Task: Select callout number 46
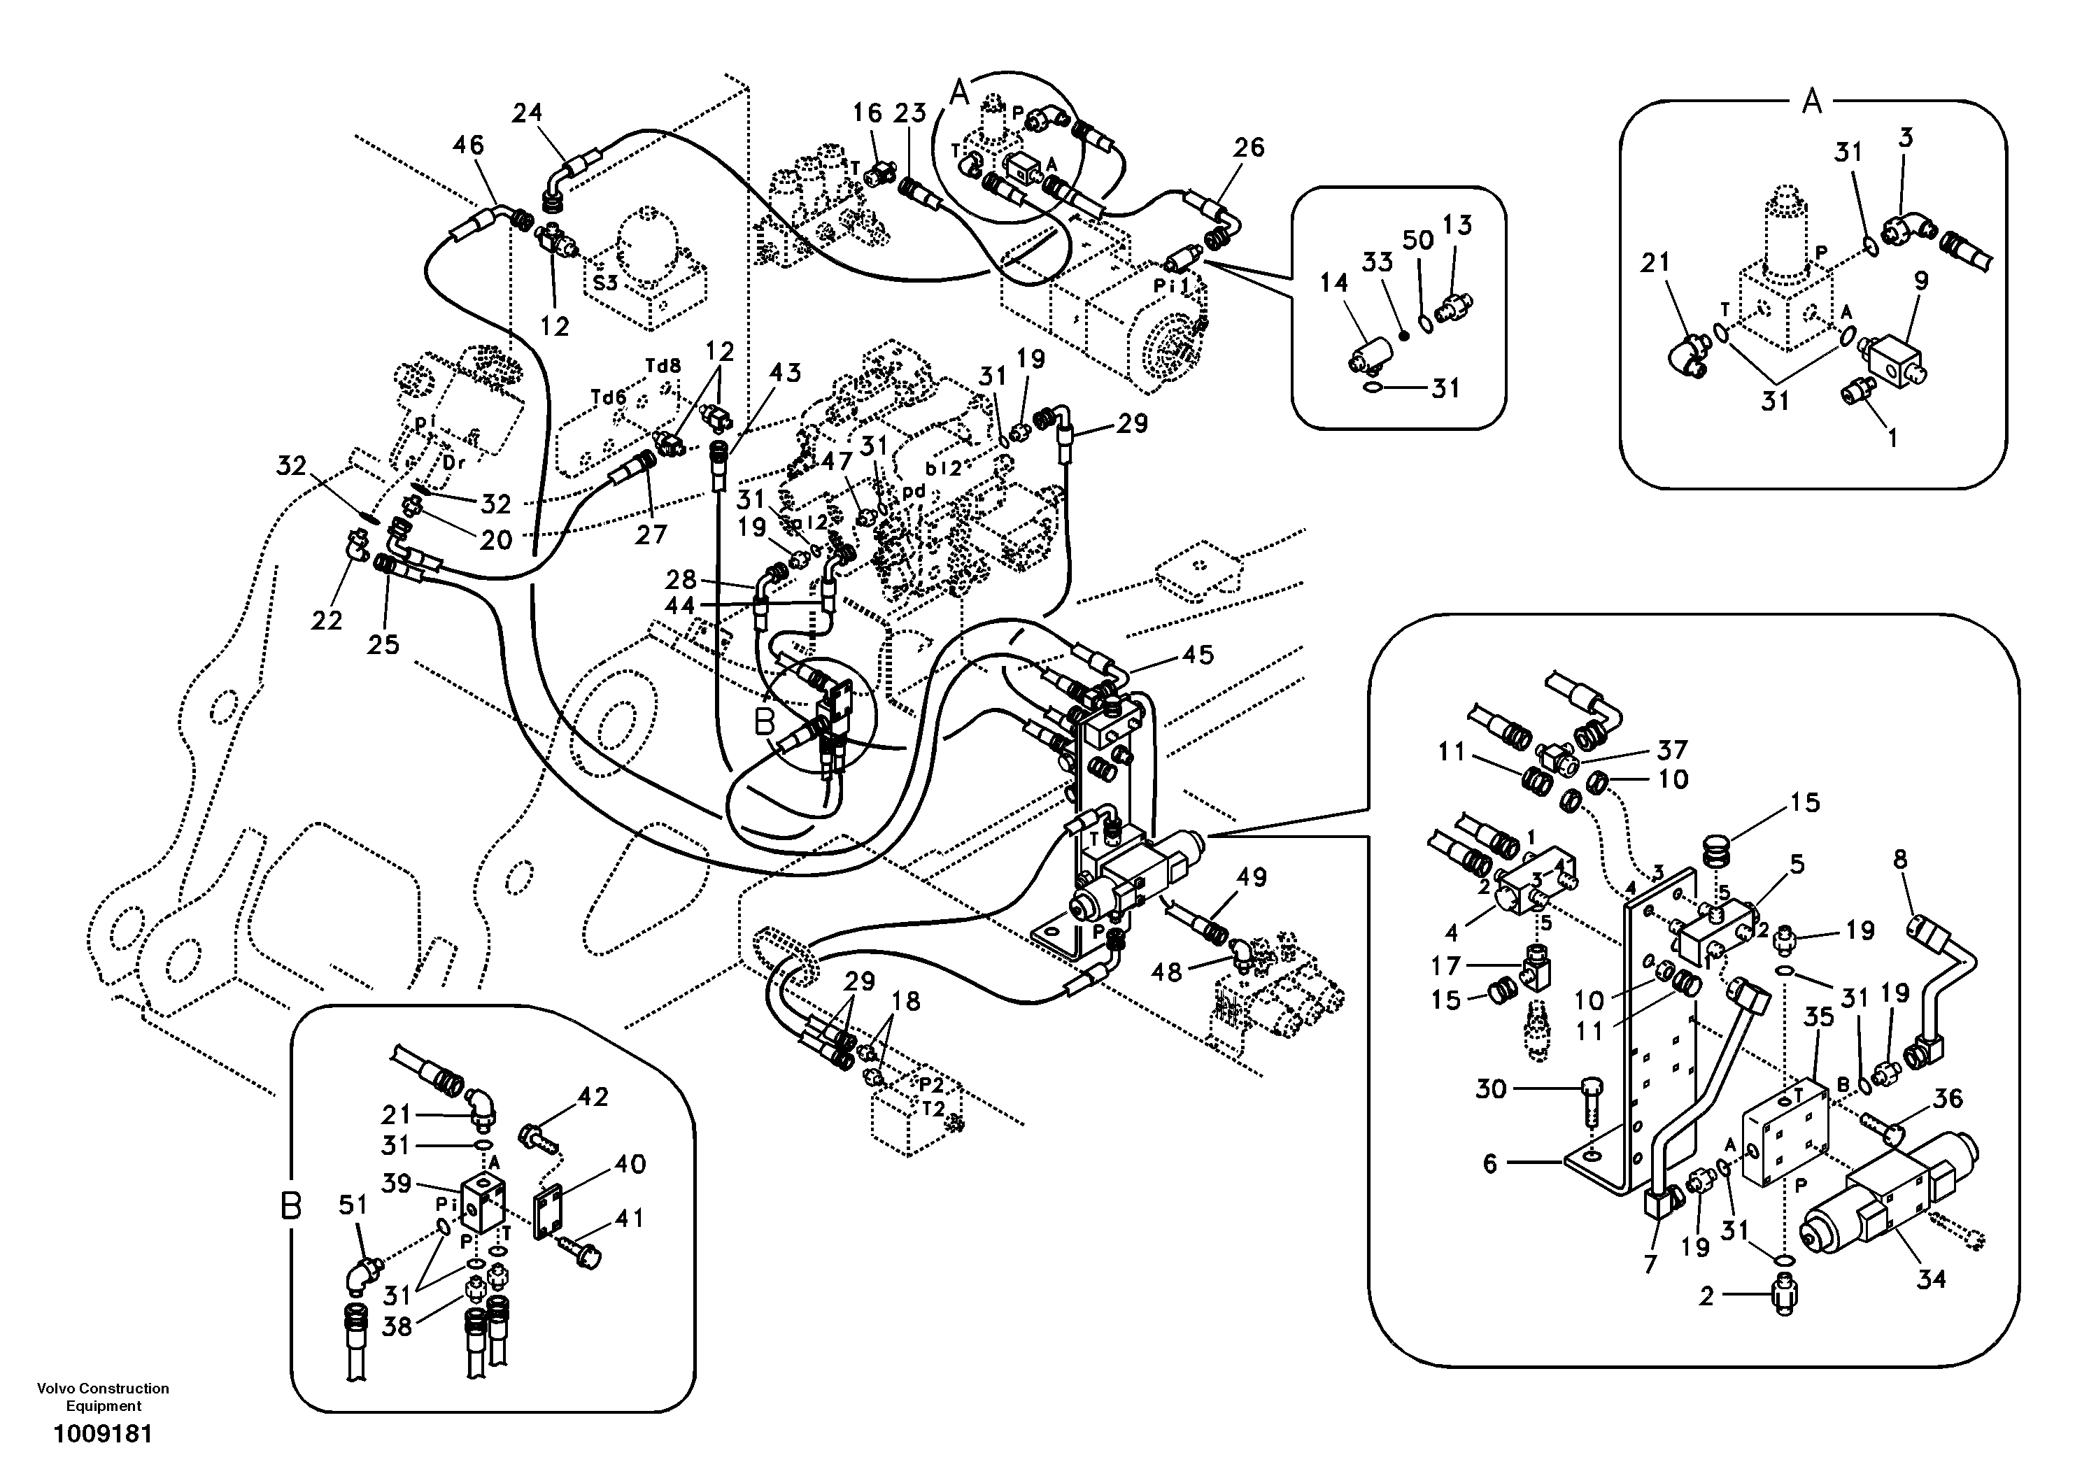pyautogui.click(x=468, y=145)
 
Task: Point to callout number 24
pyautogui.click(x=527, y=113)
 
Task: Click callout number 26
pyautogui.click(x=1249, y=147)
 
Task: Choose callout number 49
pyautogui.click(x=1252, y=877)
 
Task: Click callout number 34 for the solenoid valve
pyautogui.click(x=1932, y=1279)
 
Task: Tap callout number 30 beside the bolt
pyautogui.click(x=1491, y=1089)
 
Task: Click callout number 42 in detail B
pyautogui.click(x=593, y=1098)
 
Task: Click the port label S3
pyautogui.click(x=606, y=283)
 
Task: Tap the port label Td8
pyautogui.click(x=663, y=367)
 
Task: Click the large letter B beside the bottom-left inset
pyautogui.click(x=290, y=1207)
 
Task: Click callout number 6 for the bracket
pyautogui.click(x=1490, y=1163)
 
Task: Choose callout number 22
pyautogui.click(x=327, y=620)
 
